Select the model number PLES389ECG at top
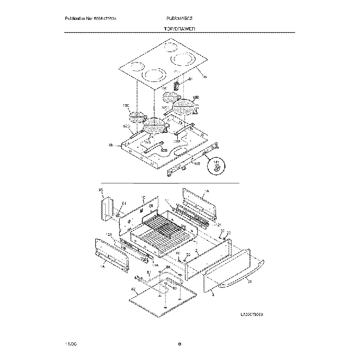tap(178, 19)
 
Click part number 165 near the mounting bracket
tap(197, 164)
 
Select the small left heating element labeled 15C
tap(136, 117)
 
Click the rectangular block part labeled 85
tap(105, 207)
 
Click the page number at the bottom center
tap(180, 343)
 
